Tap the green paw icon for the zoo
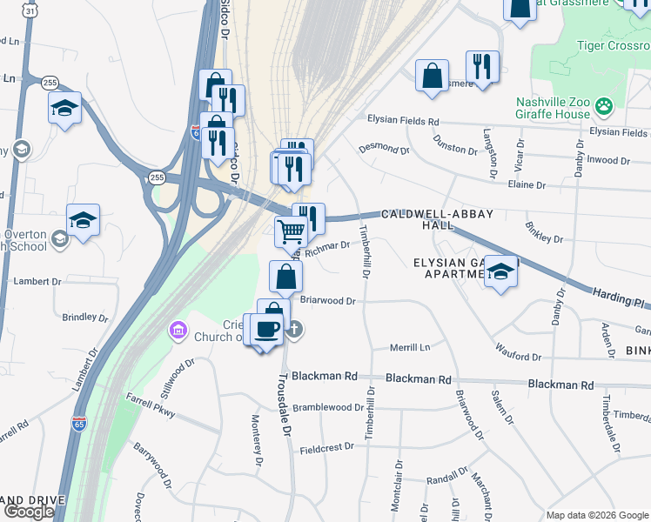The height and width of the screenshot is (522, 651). pyautogui.click(x=604, y=107)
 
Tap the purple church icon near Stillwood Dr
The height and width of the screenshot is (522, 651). pyautogui.click(x=178, y=331)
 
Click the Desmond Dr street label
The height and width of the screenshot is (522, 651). pyautogui.click(x=384, y=150)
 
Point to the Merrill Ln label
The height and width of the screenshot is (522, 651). pyautogui.click(x=410, y=347)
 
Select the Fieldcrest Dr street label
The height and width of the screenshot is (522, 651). pyautogui.click(x=326, y=446)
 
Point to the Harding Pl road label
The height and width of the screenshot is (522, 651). pyautogui.click(x=619, y=298)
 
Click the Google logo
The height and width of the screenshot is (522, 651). pyautogui.click(x=28, y=512)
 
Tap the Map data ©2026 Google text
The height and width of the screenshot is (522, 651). pyautogui.click(x=596, y=514)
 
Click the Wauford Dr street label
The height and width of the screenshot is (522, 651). pyautogui.click(x=518, y=357)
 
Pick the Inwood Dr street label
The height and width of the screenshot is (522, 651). pyautogui.click(x=607, y=160)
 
